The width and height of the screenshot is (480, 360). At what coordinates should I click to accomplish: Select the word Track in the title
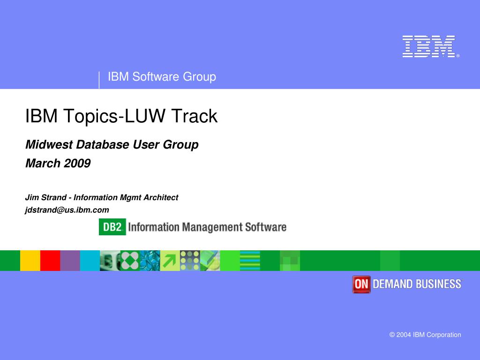point(194,116)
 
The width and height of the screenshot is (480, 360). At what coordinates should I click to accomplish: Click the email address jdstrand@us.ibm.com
point(67,210)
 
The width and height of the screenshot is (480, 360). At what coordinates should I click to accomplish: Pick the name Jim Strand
point(46,197)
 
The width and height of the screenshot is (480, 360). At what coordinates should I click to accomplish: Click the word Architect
point(161,197)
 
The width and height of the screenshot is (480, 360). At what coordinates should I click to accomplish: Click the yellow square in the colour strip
point(30,261)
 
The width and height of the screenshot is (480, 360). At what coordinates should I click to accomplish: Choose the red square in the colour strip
point(50,261)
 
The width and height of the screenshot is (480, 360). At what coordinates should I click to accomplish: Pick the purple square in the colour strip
point(70,261)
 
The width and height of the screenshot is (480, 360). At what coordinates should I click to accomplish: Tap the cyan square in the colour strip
point(90,261)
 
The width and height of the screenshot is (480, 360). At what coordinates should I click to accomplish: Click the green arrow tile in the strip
point(170,261)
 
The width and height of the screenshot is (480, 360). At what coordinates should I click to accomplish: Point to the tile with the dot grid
point(190,261)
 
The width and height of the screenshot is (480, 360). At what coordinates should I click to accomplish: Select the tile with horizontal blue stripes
point(250,261)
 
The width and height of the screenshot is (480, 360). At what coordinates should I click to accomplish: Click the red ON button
point(361,285)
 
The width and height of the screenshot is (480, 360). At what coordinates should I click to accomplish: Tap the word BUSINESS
point(438,284)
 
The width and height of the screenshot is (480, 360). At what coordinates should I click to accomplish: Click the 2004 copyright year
point(404,335)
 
